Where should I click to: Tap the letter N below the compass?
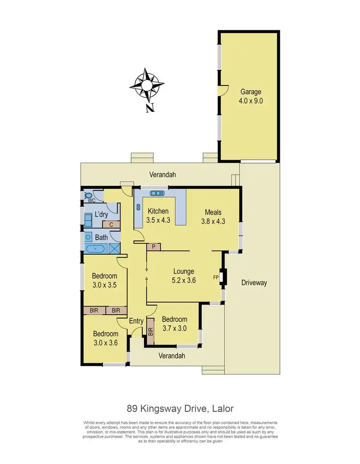point(150,108)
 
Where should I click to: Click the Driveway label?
point(254,283)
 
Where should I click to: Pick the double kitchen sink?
point(156,193)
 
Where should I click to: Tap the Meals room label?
point(213,212)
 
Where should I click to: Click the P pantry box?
point(153,246)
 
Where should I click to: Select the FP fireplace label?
point(216,277)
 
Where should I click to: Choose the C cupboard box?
point(111,224)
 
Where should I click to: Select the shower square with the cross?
point(115,248)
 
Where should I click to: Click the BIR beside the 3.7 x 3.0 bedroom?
point(150,331)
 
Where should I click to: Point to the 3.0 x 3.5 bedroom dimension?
point(105,285)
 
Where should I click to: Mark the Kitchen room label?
point(158,211)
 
